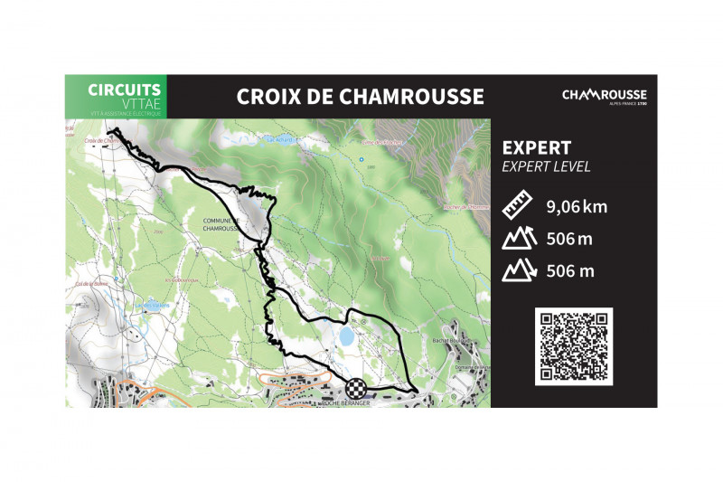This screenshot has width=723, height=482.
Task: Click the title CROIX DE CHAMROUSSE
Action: pyautogui.click(x=360, y=97)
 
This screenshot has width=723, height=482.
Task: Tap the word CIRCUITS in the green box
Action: pyautogui.click(x=125, y=90)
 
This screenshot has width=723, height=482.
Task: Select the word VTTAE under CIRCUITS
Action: pyautogui.click(x=137, y=103)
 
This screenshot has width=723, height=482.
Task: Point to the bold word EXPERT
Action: pyautogui.click(x=536, y=147)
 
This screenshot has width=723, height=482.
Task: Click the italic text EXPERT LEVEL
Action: pyautogui.click(x=546, y=166)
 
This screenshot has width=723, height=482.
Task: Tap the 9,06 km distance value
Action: pyautogui.click(x=577, y=207)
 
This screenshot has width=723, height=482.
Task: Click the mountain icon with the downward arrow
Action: pyautogui.click(x=519, y=270)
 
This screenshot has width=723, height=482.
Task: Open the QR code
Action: pyautogui.click(x=573, y=346)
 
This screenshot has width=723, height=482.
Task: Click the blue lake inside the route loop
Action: pyautogui.click(x=346, y=336)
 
